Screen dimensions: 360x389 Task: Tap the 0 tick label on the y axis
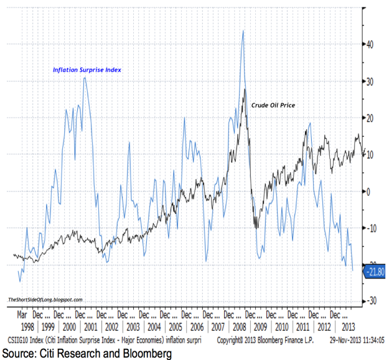coord(368,192)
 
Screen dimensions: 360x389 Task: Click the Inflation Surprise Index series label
coord(87,70)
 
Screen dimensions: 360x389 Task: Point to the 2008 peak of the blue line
coord(242,30)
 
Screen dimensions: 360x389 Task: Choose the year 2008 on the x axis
coord(238,326)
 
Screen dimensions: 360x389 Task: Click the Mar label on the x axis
coord(22,315)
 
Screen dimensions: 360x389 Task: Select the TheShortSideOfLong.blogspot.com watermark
coord(45,300)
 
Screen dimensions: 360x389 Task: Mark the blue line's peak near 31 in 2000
coord(85,78)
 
